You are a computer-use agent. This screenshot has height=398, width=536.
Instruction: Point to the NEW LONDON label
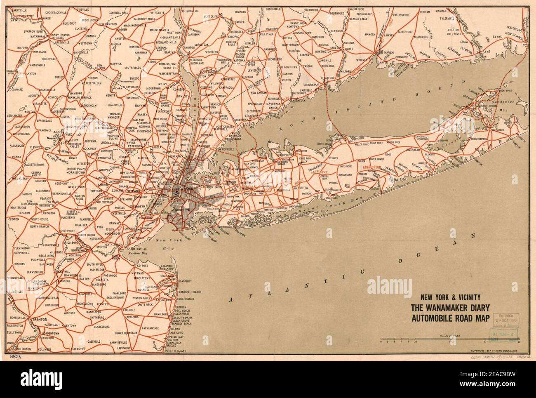513,34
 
